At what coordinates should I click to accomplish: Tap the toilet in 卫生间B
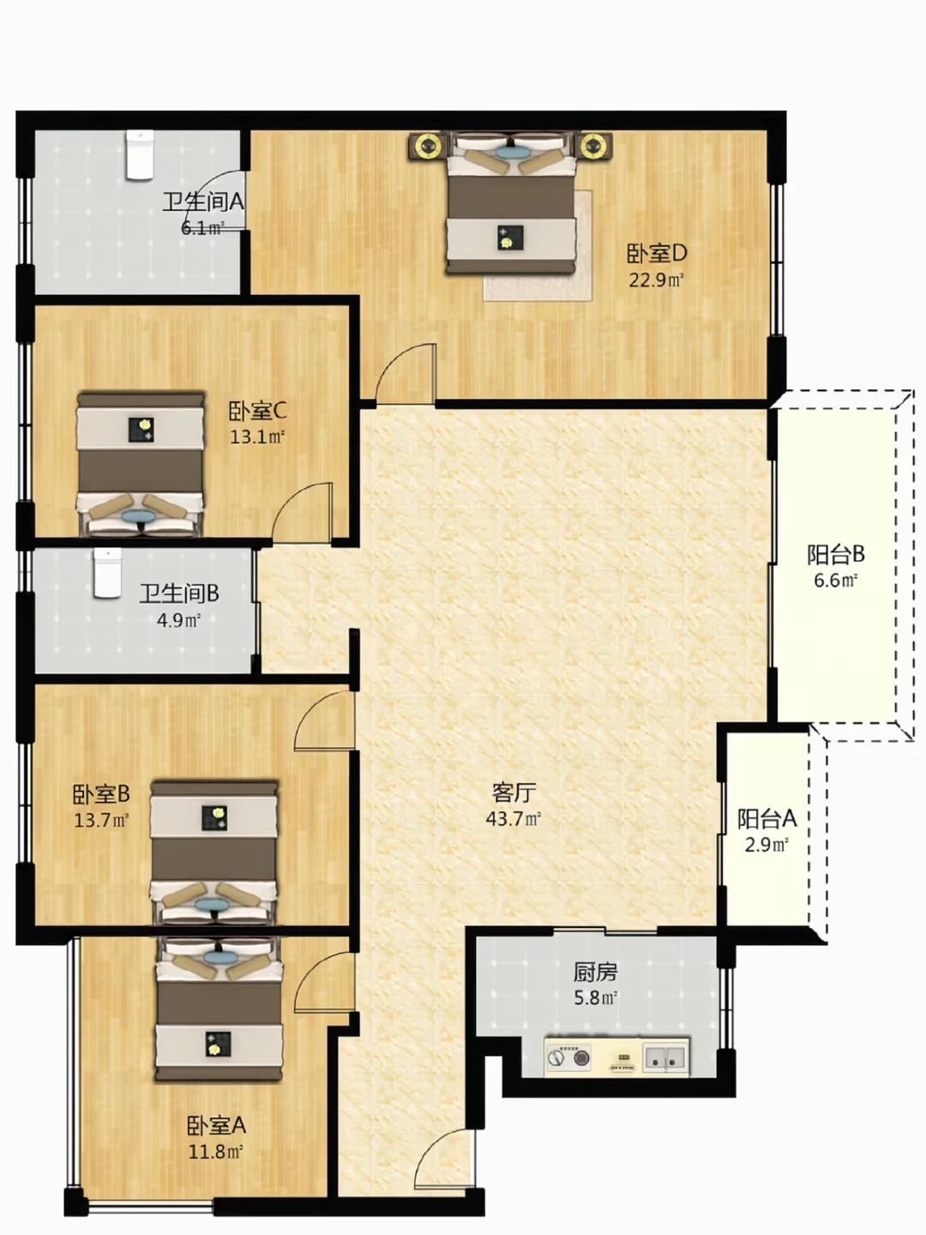click(107, 573)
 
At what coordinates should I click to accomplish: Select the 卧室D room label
click(657, 254)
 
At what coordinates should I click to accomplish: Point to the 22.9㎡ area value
click(656, 280)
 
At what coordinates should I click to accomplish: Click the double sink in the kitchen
click(666, 1058)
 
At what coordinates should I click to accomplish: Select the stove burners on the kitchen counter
click(569, 1058)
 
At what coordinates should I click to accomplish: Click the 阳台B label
click(836, 554)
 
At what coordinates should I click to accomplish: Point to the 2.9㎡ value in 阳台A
click(767, 845)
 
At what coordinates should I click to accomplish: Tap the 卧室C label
click(257, 411)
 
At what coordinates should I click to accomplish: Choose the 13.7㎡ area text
click(102, 820)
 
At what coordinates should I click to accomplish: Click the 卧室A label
click(216, 1125)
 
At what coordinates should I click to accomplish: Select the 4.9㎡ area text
click(179, 620)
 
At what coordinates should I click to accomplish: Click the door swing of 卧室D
click(406, 374)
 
